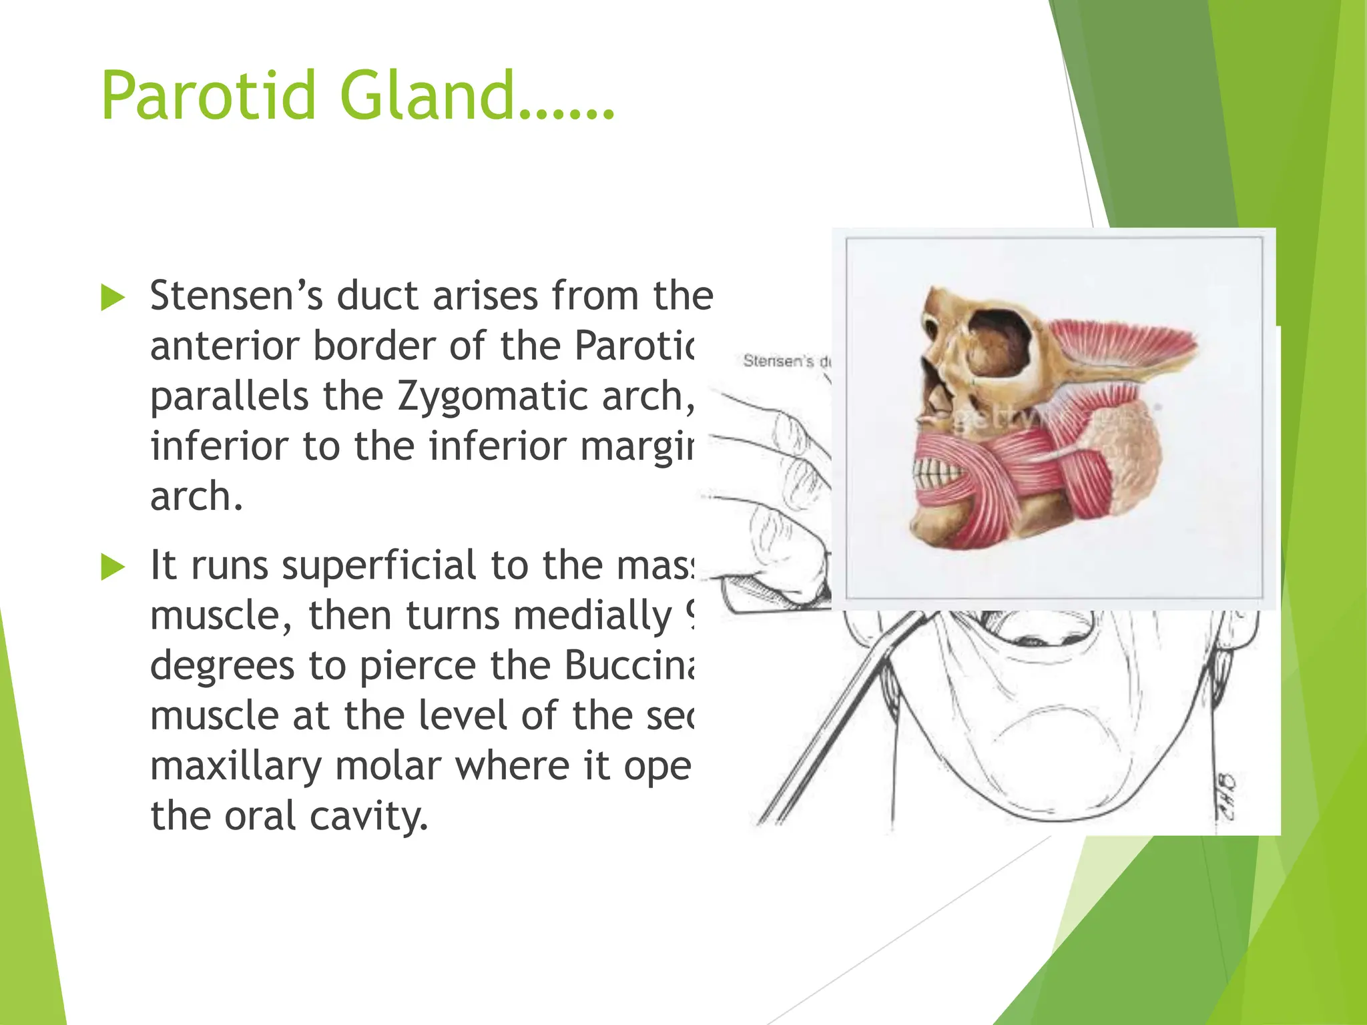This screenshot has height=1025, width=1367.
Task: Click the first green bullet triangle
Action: (113, 298)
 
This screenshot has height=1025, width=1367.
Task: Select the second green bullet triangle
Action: (113, 567)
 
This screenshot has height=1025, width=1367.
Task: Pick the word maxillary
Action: (236, 765)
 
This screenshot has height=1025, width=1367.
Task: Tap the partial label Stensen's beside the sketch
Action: (778, 361)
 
